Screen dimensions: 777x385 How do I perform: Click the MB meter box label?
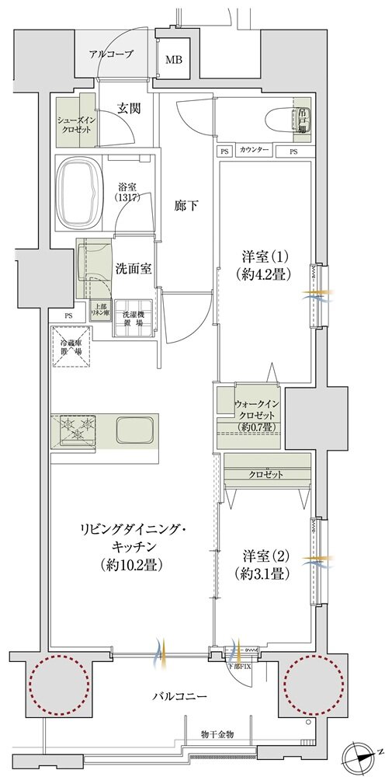coord(172,58)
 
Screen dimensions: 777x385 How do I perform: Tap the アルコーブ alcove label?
coord(111,54)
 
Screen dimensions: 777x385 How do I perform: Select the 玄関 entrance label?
coord(129,109)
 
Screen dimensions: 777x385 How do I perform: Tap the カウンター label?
coord(255,150)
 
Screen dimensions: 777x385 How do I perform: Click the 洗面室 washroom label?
coord(133,267)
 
